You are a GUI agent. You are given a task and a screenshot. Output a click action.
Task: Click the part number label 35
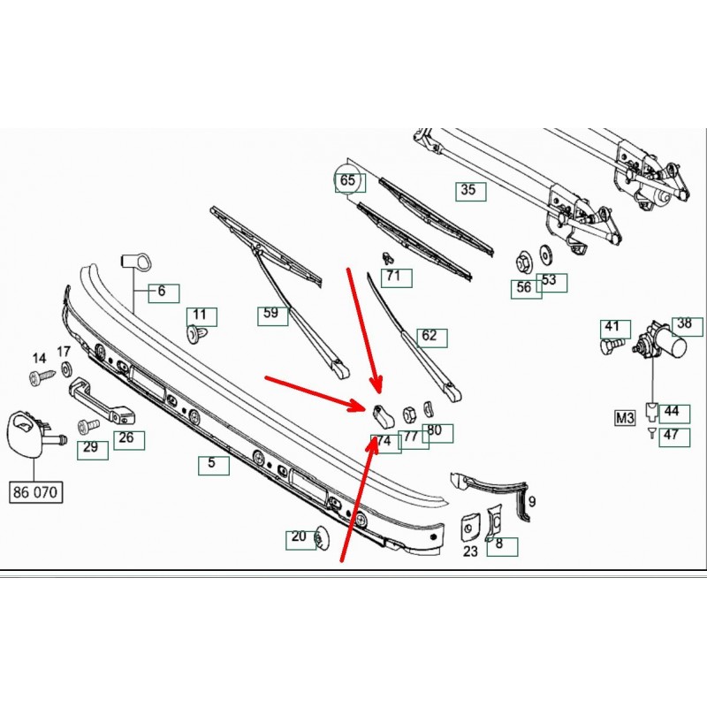[468, 190]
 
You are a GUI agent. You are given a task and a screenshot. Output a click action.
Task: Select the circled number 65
[347, 182]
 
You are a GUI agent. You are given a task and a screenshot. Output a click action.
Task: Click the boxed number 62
[430, 337]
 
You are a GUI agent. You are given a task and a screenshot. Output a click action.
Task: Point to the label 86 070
[37, 492]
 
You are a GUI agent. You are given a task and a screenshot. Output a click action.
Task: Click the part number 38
[684, 324]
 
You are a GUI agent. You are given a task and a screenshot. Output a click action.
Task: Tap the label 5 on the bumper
[212, 462]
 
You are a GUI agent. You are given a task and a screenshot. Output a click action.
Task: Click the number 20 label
[298, 536]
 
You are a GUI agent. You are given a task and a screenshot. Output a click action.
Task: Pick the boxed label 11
[200, 315]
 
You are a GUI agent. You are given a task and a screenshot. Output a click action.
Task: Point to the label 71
[393, 277]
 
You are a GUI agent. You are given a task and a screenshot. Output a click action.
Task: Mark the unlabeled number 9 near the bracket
[532, 502]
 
